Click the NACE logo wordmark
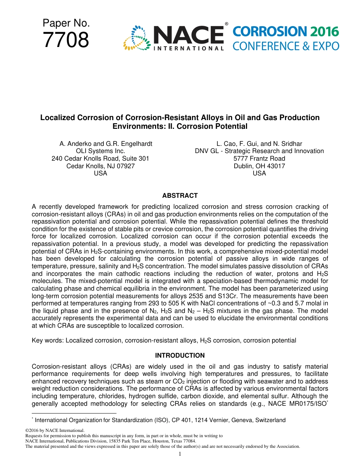coord(188,35)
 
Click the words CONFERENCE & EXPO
coord(286,46)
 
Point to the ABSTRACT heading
coord(180,196)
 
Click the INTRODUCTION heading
coord(180,355)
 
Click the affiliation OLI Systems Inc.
coord(100,151)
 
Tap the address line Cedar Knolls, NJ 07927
coord(100,166)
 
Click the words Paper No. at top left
coord(66,23)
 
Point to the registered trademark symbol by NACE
coord(227,24)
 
